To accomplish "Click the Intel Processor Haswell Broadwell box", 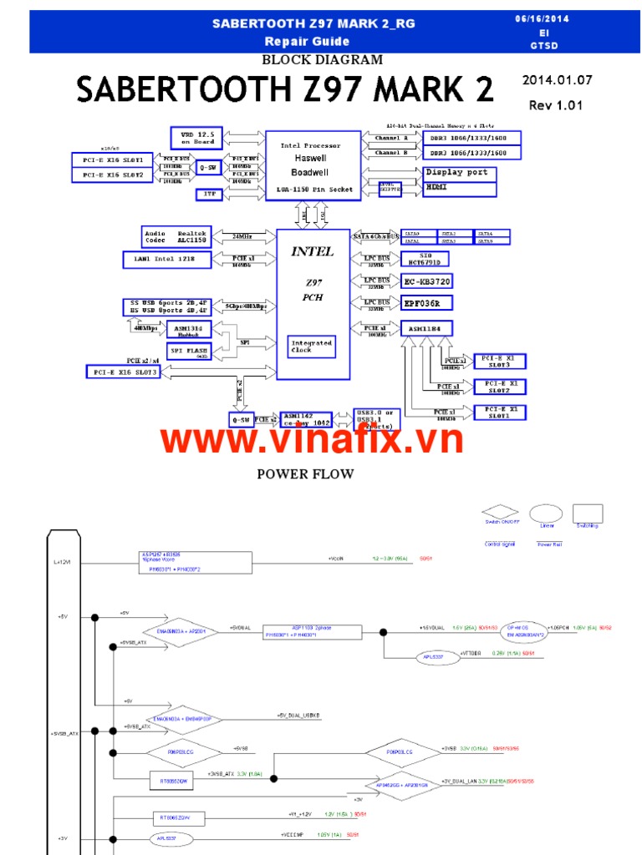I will point(310,164).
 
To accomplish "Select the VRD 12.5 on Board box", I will point(196,138).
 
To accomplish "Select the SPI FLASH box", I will point(190,352).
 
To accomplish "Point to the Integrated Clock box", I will point(312,346).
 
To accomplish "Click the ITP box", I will point(209,194).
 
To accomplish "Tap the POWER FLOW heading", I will point(305,474).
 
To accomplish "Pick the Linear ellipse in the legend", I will point(545,514).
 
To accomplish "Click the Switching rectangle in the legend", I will point(587,513).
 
